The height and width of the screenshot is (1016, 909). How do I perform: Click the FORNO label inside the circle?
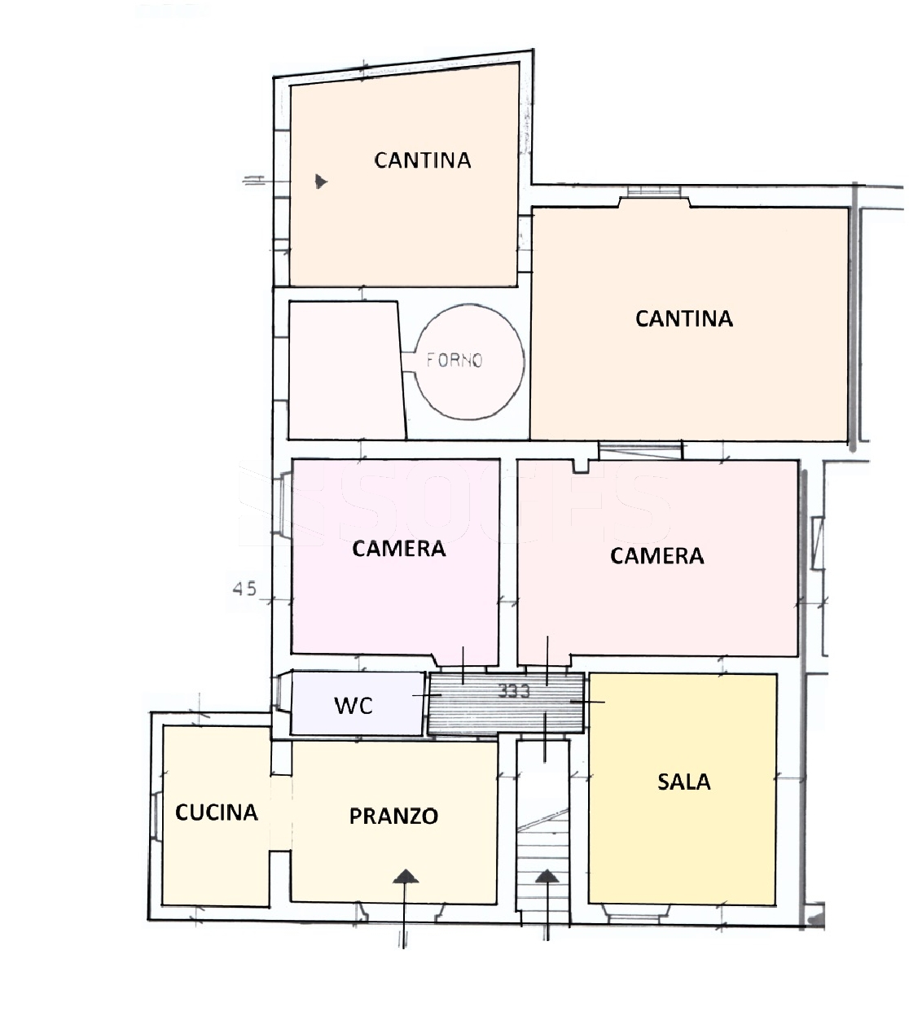[455, 360]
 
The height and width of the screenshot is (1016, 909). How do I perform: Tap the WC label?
[353, 706]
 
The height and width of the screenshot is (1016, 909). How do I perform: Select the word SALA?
[683, 782]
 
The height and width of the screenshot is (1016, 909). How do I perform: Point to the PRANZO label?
[393, 817]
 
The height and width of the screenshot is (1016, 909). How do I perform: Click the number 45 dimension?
[244, 589]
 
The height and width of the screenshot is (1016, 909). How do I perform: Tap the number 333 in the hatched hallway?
[514, 691]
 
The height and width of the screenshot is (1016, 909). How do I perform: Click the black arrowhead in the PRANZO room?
[406, 876]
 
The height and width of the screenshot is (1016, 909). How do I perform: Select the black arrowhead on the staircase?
[547, 876]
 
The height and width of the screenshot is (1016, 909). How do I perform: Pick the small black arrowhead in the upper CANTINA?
[321, 181]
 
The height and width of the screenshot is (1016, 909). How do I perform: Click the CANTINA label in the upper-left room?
[423, 160]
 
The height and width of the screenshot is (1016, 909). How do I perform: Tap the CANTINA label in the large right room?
[683, 319]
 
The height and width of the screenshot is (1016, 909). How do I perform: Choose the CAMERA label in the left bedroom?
[399, 549]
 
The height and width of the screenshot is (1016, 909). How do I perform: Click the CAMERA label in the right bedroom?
[656, 556]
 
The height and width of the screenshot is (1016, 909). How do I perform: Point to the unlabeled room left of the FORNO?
[347, 370]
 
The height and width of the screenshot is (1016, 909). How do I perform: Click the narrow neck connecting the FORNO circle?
[408, 361]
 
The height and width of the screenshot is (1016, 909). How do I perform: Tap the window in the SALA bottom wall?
[636, 915]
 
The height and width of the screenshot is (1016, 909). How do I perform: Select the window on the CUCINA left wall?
[156, 812]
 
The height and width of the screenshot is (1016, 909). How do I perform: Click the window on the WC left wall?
[282, 693]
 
